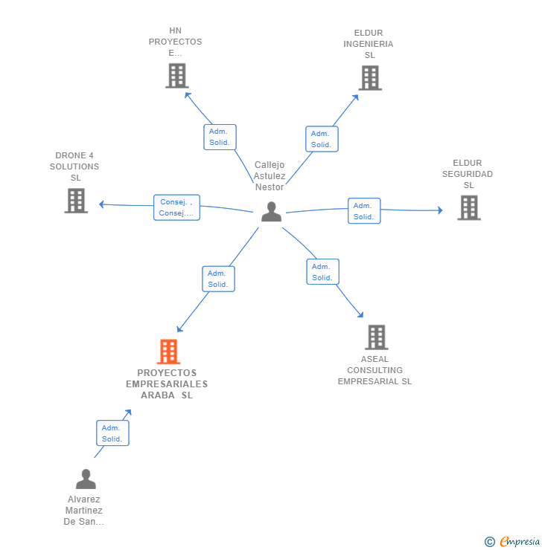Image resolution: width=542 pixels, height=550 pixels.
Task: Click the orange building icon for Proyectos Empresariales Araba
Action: (x=168, y=352)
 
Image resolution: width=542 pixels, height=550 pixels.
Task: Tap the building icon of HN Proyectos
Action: (x=177, y=76)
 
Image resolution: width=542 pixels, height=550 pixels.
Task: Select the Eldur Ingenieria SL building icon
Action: (x=370, y=78)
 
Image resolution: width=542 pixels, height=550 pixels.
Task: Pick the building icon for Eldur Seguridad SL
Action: (x=469, y=207)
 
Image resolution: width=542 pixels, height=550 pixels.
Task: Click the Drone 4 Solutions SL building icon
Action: (x=76, y=201)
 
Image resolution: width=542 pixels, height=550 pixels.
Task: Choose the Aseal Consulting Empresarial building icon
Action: (x=377, y=337)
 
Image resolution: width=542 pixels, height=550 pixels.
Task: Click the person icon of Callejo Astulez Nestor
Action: (x=271, y=212)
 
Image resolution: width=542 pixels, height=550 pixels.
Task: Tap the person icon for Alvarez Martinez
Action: (x=86, y=479)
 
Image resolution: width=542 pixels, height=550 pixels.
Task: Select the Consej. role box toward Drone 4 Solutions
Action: (x=176, y=207)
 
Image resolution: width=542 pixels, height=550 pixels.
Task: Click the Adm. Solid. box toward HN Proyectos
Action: (x=220, y=137)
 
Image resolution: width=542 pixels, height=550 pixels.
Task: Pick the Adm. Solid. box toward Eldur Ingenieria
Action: (x=322, y=139)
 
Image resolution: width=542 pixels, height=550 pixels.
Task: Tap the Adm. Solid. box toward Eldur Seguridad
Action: (x=364, y=211)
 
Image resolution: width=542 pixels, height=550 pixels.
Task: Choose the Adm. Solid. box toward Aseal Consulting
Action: (x=323, y=271)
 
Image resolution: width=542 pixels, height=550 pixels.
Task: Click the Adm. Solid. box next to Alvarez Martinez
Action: (x=112, y=433)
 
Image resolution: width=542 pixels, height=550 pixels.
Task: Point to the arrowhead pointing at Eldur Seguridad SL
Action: (x=440, y=210)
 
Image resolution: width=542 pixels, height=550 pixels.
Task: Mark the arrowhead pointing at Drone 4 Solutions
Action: (x=101, y=204)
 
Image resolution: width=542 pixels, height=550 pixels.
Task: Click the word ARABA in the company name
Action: (x=158, y=395)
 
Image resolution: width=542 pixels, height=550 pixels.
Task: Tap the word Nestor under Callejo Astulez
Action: (x=270, y=187)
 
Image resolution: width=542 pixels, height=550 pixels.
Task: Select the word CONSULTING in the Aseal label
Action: (x=374, y=370)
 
